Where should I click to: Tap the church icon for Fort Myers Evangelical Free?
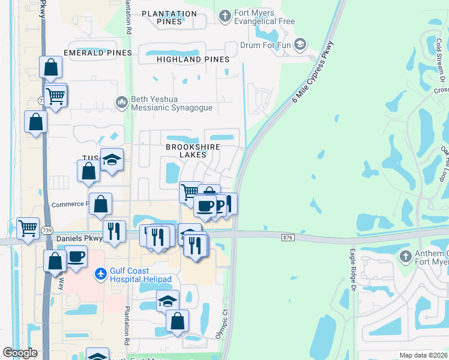point(225,15)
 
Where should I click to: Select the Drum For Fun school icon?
point(300,44)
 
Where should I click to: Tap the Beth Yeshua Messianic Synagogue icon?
point(122,103)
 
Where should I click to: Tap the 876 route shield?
point(287,238)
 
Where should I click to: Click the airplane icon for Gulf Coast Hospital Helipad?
point(100,274)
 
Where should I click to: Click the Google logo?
point(20,353)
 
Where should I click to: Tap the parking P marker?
point(220,206)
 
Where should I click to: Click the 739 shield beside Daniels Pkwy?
point(46,230)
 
